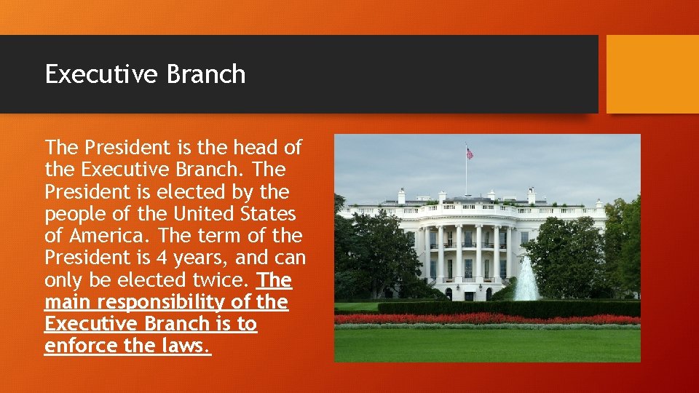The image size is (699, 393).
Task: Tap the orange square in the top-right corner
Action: tap(652, 74)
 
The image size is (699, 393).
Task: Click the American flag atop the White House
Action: tap(470, 154)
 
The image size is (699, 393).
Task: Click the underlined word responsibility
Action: tap(169, 303)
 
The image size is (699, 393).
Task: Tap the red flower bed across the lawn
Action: tap(487, 318)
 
